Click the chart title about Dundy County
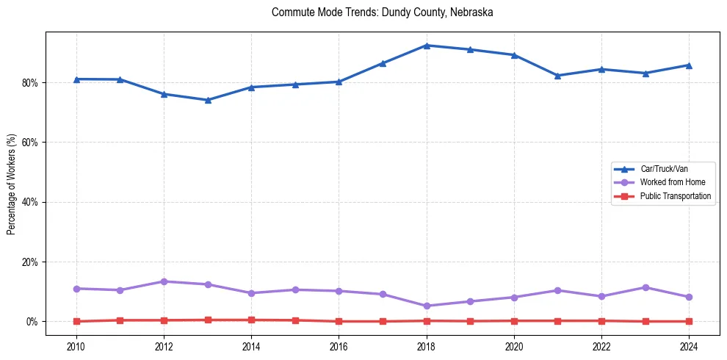pos(382,12)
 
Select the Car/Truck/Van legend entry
pos(664,169)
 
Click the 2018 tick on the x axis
pos(427,346)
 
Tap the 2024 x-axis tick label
pos(689,346)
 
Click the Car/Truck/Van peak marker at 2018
pos(427,46)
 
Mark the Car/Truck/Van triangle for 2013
pos(208,100)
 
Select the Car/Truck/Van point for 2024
pos(689,65)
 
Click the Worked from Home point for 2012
pos(164,281)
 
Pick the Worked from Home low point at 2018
pos(427,306)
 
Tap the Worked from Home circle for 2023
pos(645,287)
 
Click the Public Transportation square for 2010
pos(76,321)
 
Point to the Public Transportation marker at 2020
pos(514,320)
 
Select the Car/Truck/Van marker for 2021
pos(557,76)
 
